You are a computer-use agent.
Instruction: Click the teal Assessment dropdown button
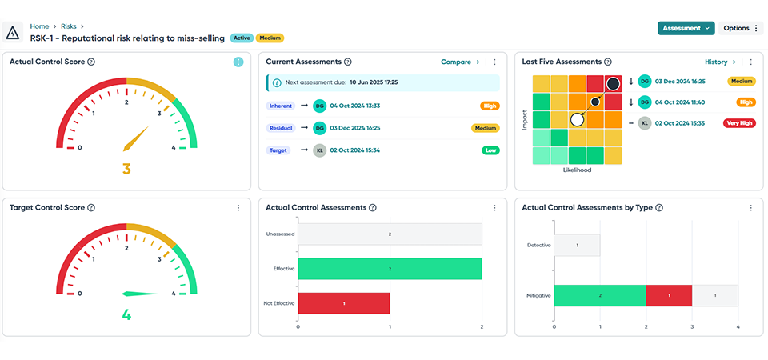tap(686, 28)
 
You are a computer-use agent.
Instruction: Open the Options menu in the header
tap(741, 28)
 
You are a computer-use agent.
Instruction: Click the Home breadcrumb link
tap(39, 26)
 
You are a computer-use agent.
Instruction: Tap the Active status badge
tap(242, 38)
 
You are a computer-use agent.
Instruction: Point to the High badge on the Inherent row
tap(490, 106)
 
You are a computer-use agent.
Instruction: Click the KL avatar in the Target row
tap(320, 150)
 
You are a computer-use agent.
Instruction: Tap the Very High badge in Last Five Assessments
tap(738, 123)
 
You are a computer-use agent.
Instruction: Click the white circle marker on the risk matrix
tap(576, 119)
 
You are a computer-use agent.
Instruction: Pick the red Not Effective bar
tap(344, 303)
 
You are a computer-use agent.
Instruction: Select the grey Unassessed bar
tap(390, 234)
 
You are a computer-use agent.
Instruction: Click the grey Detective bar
tap(577, 245)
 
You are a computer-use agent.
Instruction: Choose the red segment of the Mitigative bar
tap(669, 296)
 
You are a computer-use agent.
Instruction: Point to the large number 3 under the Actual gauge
tap(126, 169)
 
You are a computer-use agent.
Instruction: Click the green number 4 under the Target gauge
tap(126, 314)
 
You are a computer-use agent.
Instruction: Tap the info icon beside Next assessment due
tap(277, 82)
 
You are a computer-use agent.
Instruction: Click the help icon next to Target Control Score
tap(91, 208)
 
